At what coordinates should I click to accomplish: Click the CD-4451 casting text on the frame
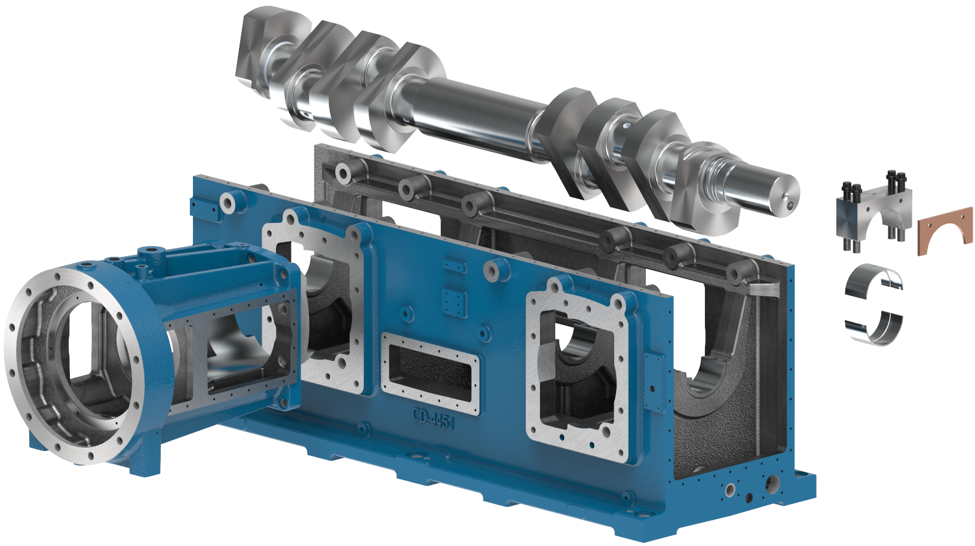click(x=433, y=419)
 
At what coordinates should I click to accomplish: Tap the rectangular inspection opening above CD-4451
click(x=430, y=372)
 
